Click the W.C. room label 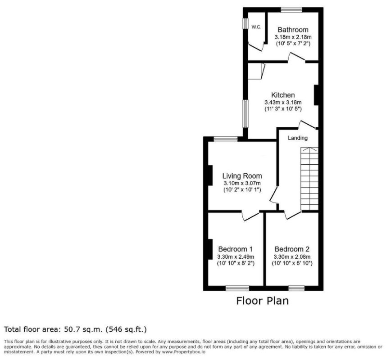(256, 27)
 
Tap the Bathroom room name (293, 30)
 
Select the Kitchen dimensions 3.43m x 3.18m (283, 102)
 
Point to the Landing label (298, 138)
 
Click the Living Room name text (242, 176)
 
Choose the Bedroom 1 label (236, 249)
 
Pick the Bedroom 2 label (292, 249)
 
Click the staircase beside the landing (309, 179)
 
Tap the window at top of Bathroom (291, 10)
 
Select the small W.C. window (246, 24)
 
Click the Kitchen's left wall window (246, 113)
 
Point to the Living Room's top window (226, 139)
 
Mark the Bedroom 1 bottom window (237, 288)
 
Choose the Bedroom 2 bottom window (296, 288)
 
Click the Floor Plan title (262, 301)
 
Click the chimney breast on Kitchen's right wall (316, 95)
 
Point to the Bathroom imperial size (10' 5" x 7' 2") (293, 44)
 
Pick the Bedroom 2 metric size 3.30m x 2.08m (292, 256)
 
